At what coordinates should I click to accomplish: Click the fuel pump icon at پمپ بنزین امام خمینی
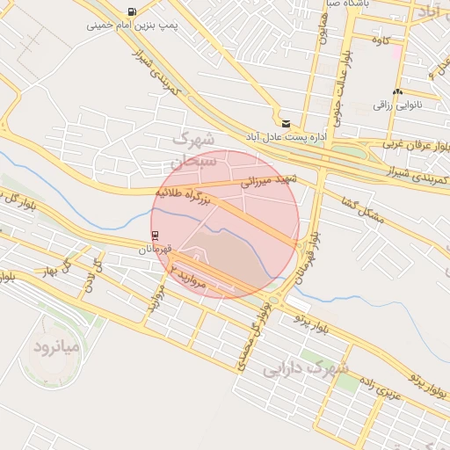(132, 12)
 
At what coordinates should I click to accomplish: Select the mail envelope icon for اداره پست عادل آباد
(286, 124)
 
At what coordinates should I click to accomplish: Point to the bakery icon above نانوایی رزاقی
(398, 91)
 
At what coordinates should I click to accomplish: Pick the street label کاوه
(381, 40)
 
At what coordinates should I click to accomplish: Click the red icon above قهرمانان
(156, 235)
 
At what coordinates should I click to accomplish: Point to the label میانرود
(56, 346)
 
